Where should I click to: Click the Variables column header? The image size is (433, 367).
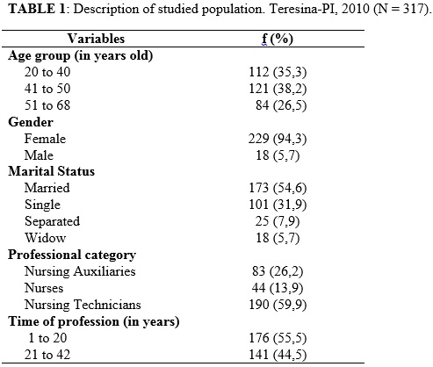pos(96,39)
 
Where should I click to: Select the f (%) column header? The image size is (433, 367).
pos(278,40)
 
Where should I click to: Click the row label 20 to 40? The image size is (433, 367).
pos(47,72)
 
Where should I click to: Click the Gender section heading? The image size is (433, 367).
pos(31,122)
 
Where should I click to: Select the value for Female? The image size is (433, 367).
pos(278,139)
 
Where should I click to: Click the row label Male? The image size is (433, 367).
pos(39,155)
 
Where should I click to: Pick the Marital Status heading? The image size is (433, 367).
pos(52,171)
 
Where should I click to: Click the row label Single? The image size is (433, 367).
pos(42,205)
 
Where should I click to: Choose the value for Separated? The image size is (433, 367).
pos(278,221)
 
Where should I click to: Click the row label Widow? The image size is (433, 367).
pos(46,238)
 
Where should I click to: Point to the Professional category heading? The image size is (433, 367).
pos(72,255)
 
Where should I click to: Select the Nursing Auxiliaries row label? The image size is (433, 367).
pos(80,271)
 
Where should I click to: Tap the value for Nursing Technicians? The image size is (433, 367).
pos(278,305)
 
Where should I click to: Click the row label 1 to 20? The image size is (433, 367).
pos(47,338)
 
